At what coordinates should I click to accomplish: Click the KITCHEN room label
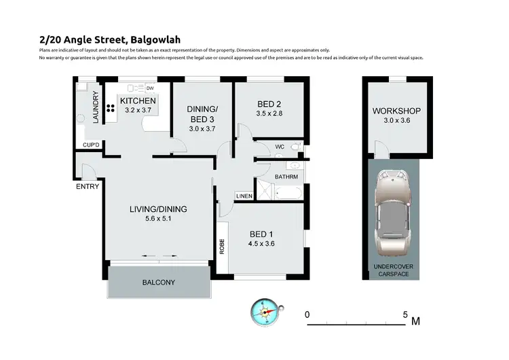click(138, 101)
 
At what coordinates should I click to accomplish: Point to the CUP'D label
click(91, 145)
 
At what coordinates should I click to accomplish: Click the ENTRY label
click(88, 187)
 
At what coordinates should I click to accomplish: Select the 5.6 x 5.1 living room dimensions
click(157, 220)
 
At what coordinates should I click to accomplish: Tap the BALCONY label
click(158, 283)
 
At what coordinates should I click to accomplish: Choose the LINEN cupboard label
click(244, 196)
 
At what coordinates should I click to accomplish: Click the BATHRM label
click(286, 177)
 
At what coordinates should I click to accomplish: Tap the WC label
click(280, 147)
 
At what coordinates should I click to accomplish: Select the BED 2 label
click(269, 104)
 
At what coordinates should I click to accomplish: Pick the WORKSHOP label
click(396, 111)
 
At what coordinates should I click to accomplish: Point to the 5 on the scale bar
click(405, 315)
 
